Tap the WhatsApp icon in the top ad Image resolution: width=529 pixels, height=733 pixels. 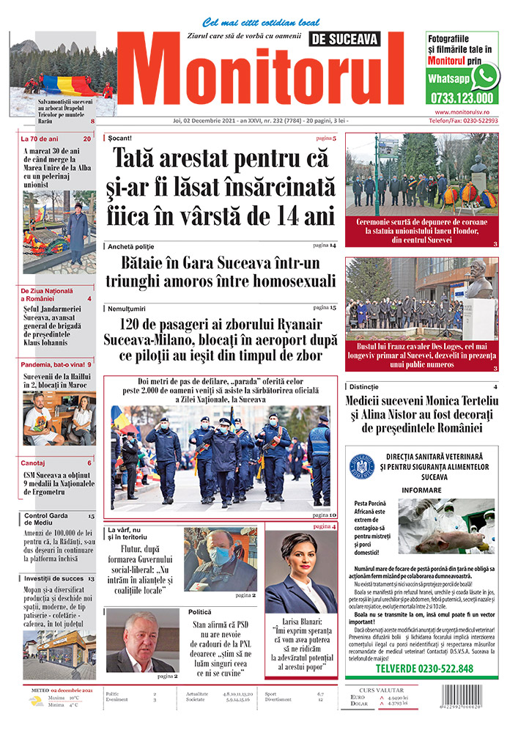coord(485,75)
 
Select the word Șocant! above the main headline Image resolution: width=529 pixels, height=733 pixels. coord(119,138)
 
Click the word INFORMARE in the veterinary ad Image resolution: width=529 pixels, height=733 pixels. coord(421,490)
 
